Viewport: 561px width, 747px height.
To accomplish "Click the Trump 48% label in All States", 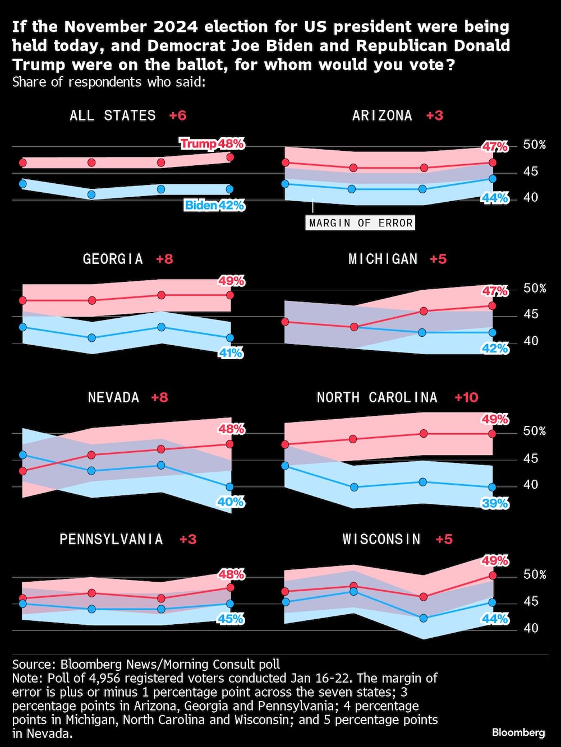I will point(212,144).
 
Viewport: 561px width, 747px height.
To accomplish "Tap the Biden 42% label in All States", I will point(214,206).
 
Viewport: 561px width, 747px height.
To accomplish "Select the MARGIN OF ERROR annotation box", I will point(361,223).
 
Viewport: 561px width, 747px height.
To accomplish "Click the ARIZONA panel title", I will point(382,115).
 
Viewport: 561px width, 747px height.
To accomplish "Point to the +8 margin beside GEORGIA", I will point(164,259).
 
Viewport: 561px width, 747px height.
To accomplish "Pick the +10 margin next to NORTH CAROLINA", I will point(466,397).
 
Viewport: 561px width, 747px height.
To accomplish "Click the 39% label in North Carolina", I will point(495,504).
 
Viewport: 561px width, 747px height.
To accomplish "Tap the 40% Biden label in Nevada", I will point(231,502).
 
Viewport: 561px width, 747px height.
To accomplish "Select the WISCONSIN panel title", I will point(381,539).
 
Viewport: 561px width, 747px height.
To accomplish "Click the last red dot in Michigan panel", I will point(492,306).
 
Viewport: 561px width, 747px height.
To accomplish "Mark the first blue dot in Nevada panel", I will point(22,455).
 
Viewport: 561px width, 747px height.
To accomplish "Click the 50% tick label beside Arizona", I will point(534,145).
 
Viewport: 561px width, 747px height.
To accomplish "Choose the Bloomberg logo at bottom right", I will point(518,732).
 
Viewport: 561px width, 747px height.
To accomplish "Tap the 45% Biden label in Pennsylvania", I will point(231,619).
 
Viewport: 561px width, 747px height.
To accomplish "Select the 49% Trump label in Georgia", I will point(231,281).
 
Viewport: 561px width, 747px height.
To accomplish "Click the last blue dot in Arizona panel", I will point(492,179).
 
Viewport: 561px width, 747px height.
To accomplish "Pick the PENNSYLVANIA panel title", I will point(111,539).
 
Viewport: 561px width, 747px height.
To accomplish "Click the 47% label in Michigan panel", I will point(495,291).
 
